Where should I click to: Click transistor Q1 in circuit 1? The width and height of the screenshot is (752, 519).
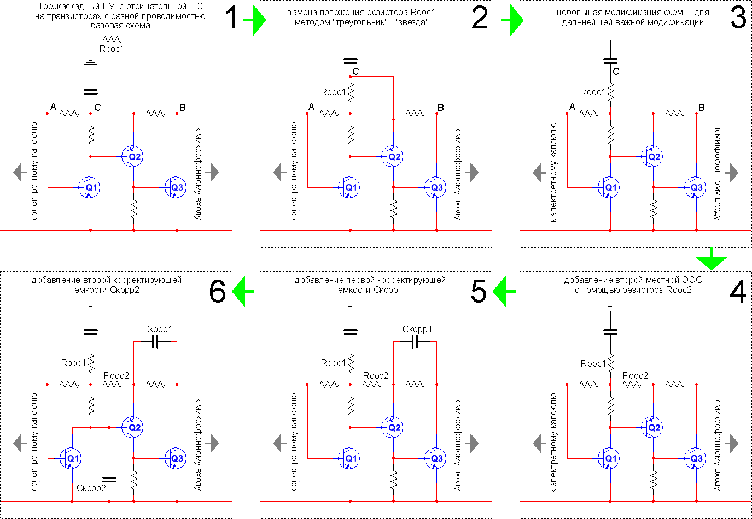90,187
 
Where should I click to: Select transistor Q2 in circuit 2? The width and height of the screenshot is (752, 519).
393,157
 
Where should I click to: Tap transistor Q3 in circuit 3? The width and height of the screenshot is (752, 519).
695,187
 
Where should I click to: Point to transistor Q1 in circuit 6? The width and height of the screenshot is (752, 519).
72,458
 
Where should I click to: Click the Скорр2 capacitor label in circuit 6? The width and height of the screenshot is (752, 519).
91,488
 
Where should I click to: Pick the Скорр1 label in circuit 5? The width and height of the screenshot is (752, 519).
417,329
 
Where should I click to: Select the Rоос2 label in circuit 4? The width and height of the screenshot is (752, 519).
635,375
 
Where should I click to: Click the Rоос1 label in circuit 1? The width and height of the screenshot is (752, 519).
112,49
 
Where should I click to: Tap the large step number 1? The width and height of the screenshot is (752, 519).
232,17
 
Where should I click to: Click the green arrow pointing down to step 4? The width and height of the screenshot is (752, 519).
710,259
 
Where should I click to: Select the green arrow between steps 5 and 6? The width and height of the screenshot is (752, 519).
243,291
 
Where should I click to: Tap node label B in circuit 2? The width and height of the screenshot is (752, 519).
441,108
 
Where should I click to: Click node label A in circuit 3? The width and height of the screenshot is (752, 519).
572,107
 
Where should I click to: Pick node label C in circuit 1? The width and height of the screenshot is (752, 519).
97,107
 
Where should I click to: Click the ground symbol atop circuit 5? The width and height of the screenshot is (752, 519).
351,310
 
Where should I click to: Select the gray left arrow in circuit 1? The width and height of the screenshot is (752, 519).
20,172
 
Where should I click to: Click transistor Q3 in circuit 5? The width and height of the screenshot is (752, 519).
436,458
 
